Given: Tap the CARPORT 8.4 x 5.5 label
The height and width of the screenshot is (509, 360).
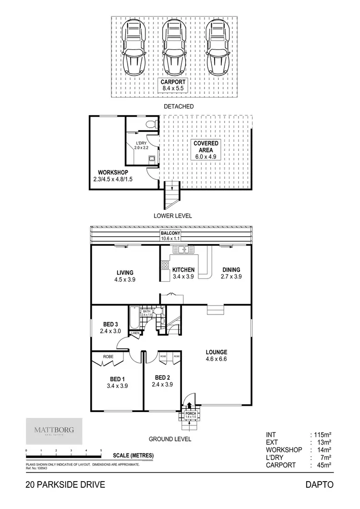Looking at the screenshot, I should tap(173, 85).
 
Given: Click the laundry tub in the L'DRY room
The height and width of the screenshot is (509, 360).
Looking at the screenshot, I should tap(151, 159).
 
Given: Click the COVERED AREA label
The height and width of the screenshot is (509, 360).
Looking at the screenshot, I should tap(206, 146).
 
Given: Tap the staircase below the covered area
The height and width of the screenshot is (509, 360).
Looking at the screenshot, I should tap(171, 194).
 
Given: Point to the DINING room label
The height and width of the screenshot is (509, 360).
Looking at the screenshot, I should tap(230, 273).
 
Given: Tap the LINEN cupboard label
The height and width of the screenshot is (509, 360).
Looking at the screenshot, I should tap(135, 333).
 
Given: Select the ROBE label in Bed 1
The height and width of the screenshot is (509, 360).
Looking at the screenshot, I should tap(108, 357).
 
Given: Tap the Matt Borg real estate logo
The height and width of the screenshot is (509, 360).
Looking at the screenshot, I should tap(53, 431).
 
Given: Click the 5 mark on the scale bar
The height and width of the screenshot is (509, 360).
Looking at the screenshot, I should tap(101, 450).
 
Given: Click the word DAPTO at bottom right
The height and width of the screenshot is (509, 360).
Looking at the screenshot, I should tap(319, 485).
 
